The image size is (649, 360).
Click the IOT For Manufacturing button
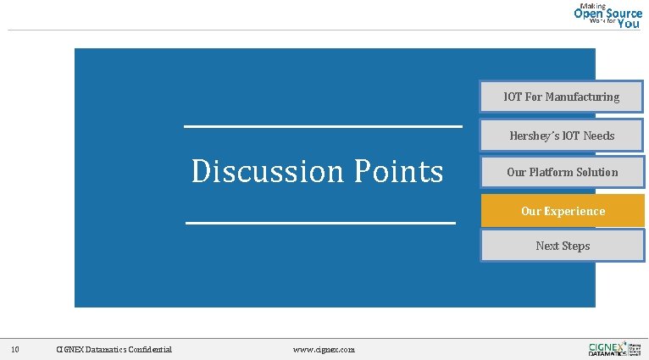[562, 97]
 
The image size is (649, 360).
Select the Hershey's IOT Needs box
[562, 136]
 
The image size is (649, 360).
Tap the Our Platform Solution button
[562, 172]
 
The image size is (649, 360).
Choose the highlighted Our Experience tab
[563, 211]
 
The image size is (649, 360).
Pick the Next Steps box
[563, 246]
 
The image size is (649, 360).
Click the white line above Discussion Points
[323, 127]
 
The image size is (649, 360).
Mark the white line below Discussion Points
[320, 224]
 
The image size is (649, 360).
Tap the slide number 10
[15, 349]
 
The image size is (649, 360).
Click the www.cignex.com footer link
[324, 349]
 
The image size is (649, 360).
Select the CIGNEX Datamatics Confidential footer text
[114, 349]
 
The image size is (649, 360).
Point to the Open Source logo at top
[608, 15]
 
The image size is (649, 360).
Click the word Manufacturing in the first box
[582, 97]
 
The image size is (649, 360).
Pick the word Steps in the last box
[575, 246]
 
